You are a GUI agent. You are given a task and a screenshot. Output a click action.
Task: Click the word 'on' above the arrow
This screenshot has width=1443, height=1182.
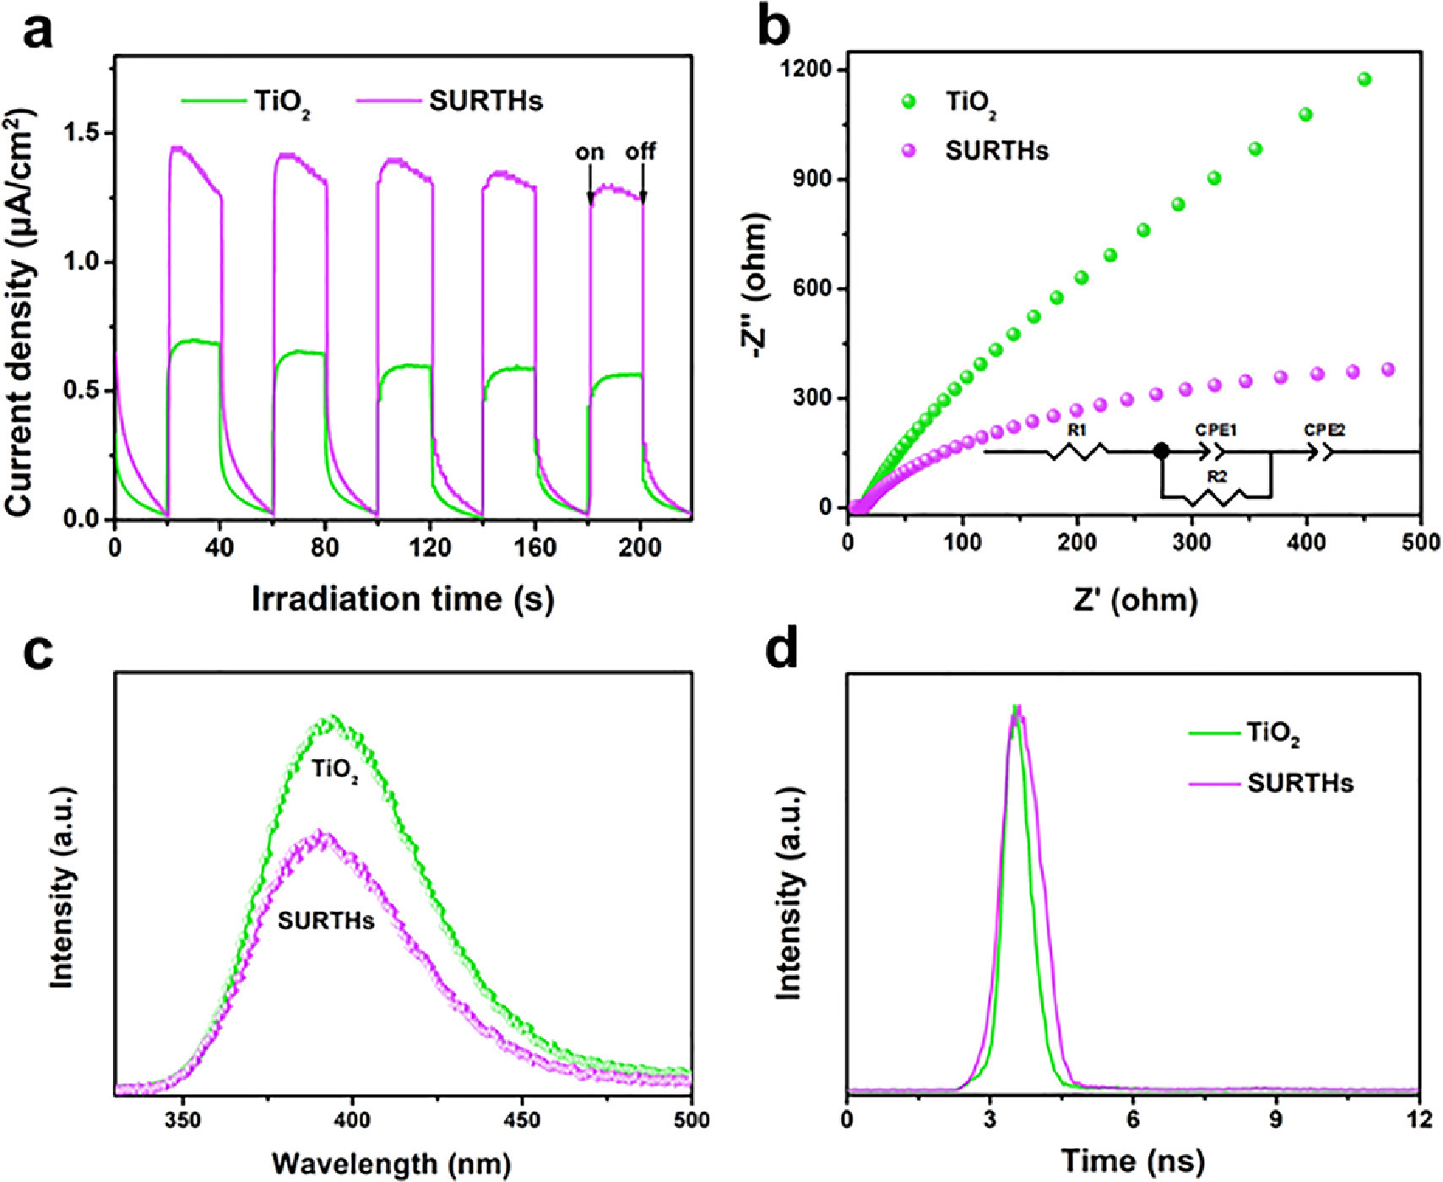pyautogui.click(x=589, y=153)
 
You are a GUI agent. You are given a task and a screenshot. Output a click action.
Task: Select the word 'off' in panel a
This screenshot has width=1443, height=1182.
pyautogui.click(x=640, y=152)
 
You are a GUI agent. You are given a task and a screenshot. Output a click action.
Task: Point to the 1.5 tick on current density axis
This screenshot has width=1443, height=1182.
pyautogui.click(x=82, y=134)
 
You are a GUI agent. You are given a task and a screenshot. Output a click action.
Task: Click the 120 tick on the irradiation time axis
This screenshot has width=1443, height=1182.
pyautogui.click(x=430, y=548)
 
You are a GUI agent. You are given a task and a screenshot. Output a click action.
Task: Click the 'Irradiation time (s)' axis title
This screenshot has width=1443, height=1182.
pyautogui.click(x=403, y=599)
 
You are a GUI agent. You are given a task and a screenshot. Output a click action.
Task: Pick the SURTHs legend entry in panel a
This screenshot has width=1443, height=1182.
pyautogui.click(x=486, y=101)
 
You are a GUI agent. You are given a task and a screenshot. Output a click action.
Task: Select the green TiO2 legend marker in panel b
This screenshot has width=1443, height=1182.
pyautogui.click(x=909, y=102)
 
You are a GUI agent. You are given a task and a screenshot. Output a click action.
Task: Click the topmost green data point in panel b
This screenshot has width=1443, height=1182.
pyautogui.click(x=1364, y=79)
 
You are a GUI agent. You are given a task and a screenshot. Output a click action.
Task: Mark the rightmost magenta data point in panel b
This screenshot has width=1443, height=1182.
pyautogui.click(x=1388, y=370)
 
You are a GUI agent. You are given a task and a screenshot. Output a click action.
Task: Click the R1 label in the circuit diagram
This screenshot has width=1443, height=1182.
pyautogui.click(x=1077, y=430)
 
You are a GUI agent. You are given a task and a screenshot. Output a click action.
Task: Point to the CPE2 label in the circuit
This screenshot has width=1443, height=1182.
pyautogui.click(x=1324, y=430)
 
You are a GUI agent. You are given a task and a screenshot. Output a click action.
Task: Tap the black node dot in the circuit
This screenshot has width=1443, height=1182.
pyautogui.click(x=1162, y=452)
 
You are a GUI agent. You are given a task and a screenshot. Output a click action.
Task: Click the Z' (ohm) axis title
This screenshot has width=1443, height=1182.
pyautogui.click(x=1136, y=599)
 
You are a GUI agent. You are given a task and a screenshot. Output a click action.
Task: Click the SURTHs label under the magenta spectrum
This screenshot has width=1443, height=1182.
pyautogui.click(x=326, y=920)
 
